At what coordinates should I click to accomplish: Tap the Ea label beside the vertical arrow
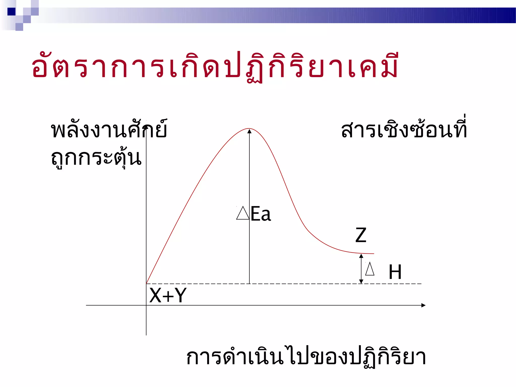pos(261,214)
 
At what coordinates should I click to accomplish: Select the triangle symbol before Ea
pos(243,213)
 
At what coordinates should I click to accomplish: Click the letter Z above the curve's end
pos(361,235)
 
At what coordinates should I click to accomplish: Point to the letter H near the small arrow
pos(395,272)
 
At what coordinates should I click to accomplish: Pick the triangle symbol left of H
pos(370,269)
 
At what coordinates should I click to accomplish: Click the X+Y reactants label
pos(168,295)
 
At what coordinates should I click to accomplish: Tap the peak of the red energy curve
pos(249,129)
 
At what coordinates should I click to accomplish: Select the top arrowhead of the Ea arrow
pos(249,131)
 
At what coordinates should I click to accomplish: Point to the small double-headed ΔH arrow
pos(361,269)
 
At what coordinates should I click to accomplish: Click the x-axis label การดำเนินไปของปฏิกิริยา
pos(306,357)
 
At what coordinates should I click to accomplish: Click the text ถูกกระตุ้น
pos(96,158)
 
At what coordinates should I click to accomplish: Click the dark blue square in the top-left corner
pos(11,12)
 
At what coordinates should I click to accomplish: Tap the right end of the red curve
pos(373,254)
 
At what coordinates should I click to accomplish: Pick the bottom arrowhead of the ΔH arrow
pos(361,281)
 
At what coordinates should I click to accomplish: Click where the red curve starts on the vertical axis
pos(146,283)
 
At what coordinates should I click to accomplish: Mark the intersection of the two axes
pos(146,305)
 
